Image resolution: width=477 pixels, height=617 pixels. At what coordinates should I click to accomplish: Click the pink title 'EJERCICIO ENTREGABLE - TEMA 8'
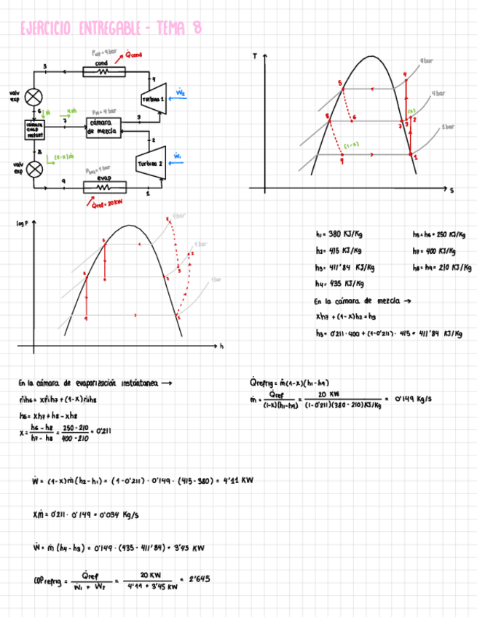111,28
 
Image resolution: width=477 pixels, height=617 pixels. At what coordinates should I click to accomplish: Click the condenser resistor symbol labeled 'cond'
102,72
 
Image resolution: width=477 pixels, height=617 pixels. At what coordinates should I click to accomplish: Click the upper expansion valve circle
33,96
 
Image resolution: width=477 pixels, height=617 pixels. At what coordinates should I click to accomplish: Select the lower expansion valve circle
33,169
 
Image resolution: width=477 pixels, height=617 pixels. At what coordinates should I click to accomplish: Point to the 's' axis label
452,191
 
